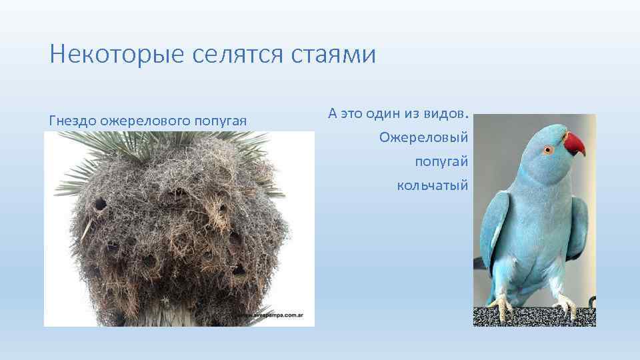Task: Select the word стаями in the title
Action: tap(334, 54)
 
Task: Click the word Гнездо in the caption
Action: tap(72, 121)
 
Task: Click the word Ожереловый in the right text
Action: tap(424, 138)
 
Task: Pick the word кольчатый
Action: tap(433, 184)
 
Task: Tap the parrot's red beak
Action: tap(574, 143)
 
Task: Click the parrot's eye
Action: tap(549, 149)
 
